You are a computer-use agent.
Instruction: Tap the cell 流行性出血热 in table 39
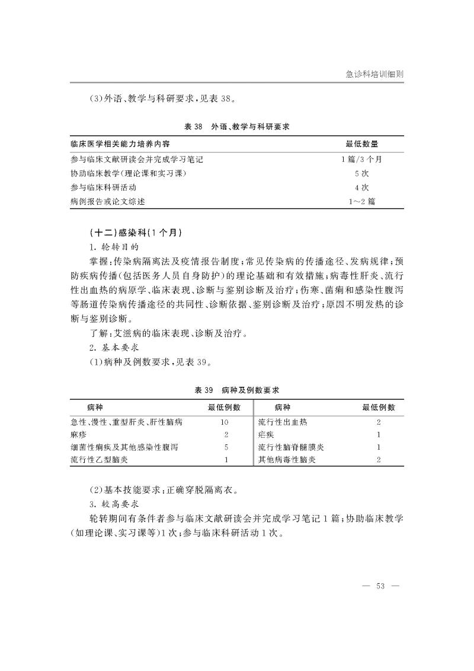(283, 422)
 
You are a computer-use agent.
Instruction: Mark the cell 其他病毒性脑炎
(287, 460)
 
